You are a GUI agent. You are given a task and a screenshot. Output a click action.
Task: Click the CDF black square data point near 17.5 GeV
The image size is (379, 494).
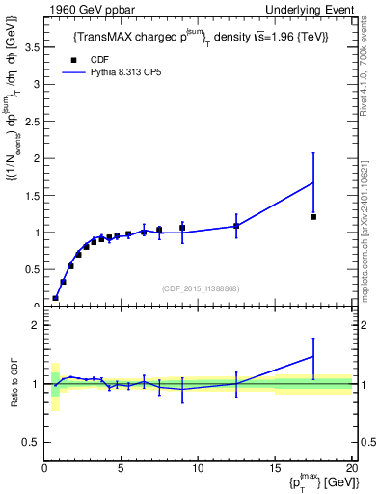click(x=313, y=217)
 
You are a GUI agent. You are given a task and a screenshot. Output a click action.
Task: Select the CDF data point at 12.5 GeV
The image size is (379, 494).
click(x=236, y=226)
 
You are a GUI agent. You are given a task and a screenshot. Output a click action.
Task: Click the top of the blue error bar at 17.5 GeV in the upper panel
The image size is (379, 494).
click(x=313, y=152)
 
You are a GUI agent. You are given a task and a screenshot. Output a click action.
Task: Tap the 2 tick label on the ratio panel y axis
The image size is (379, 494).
click(x=36, y=326)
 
